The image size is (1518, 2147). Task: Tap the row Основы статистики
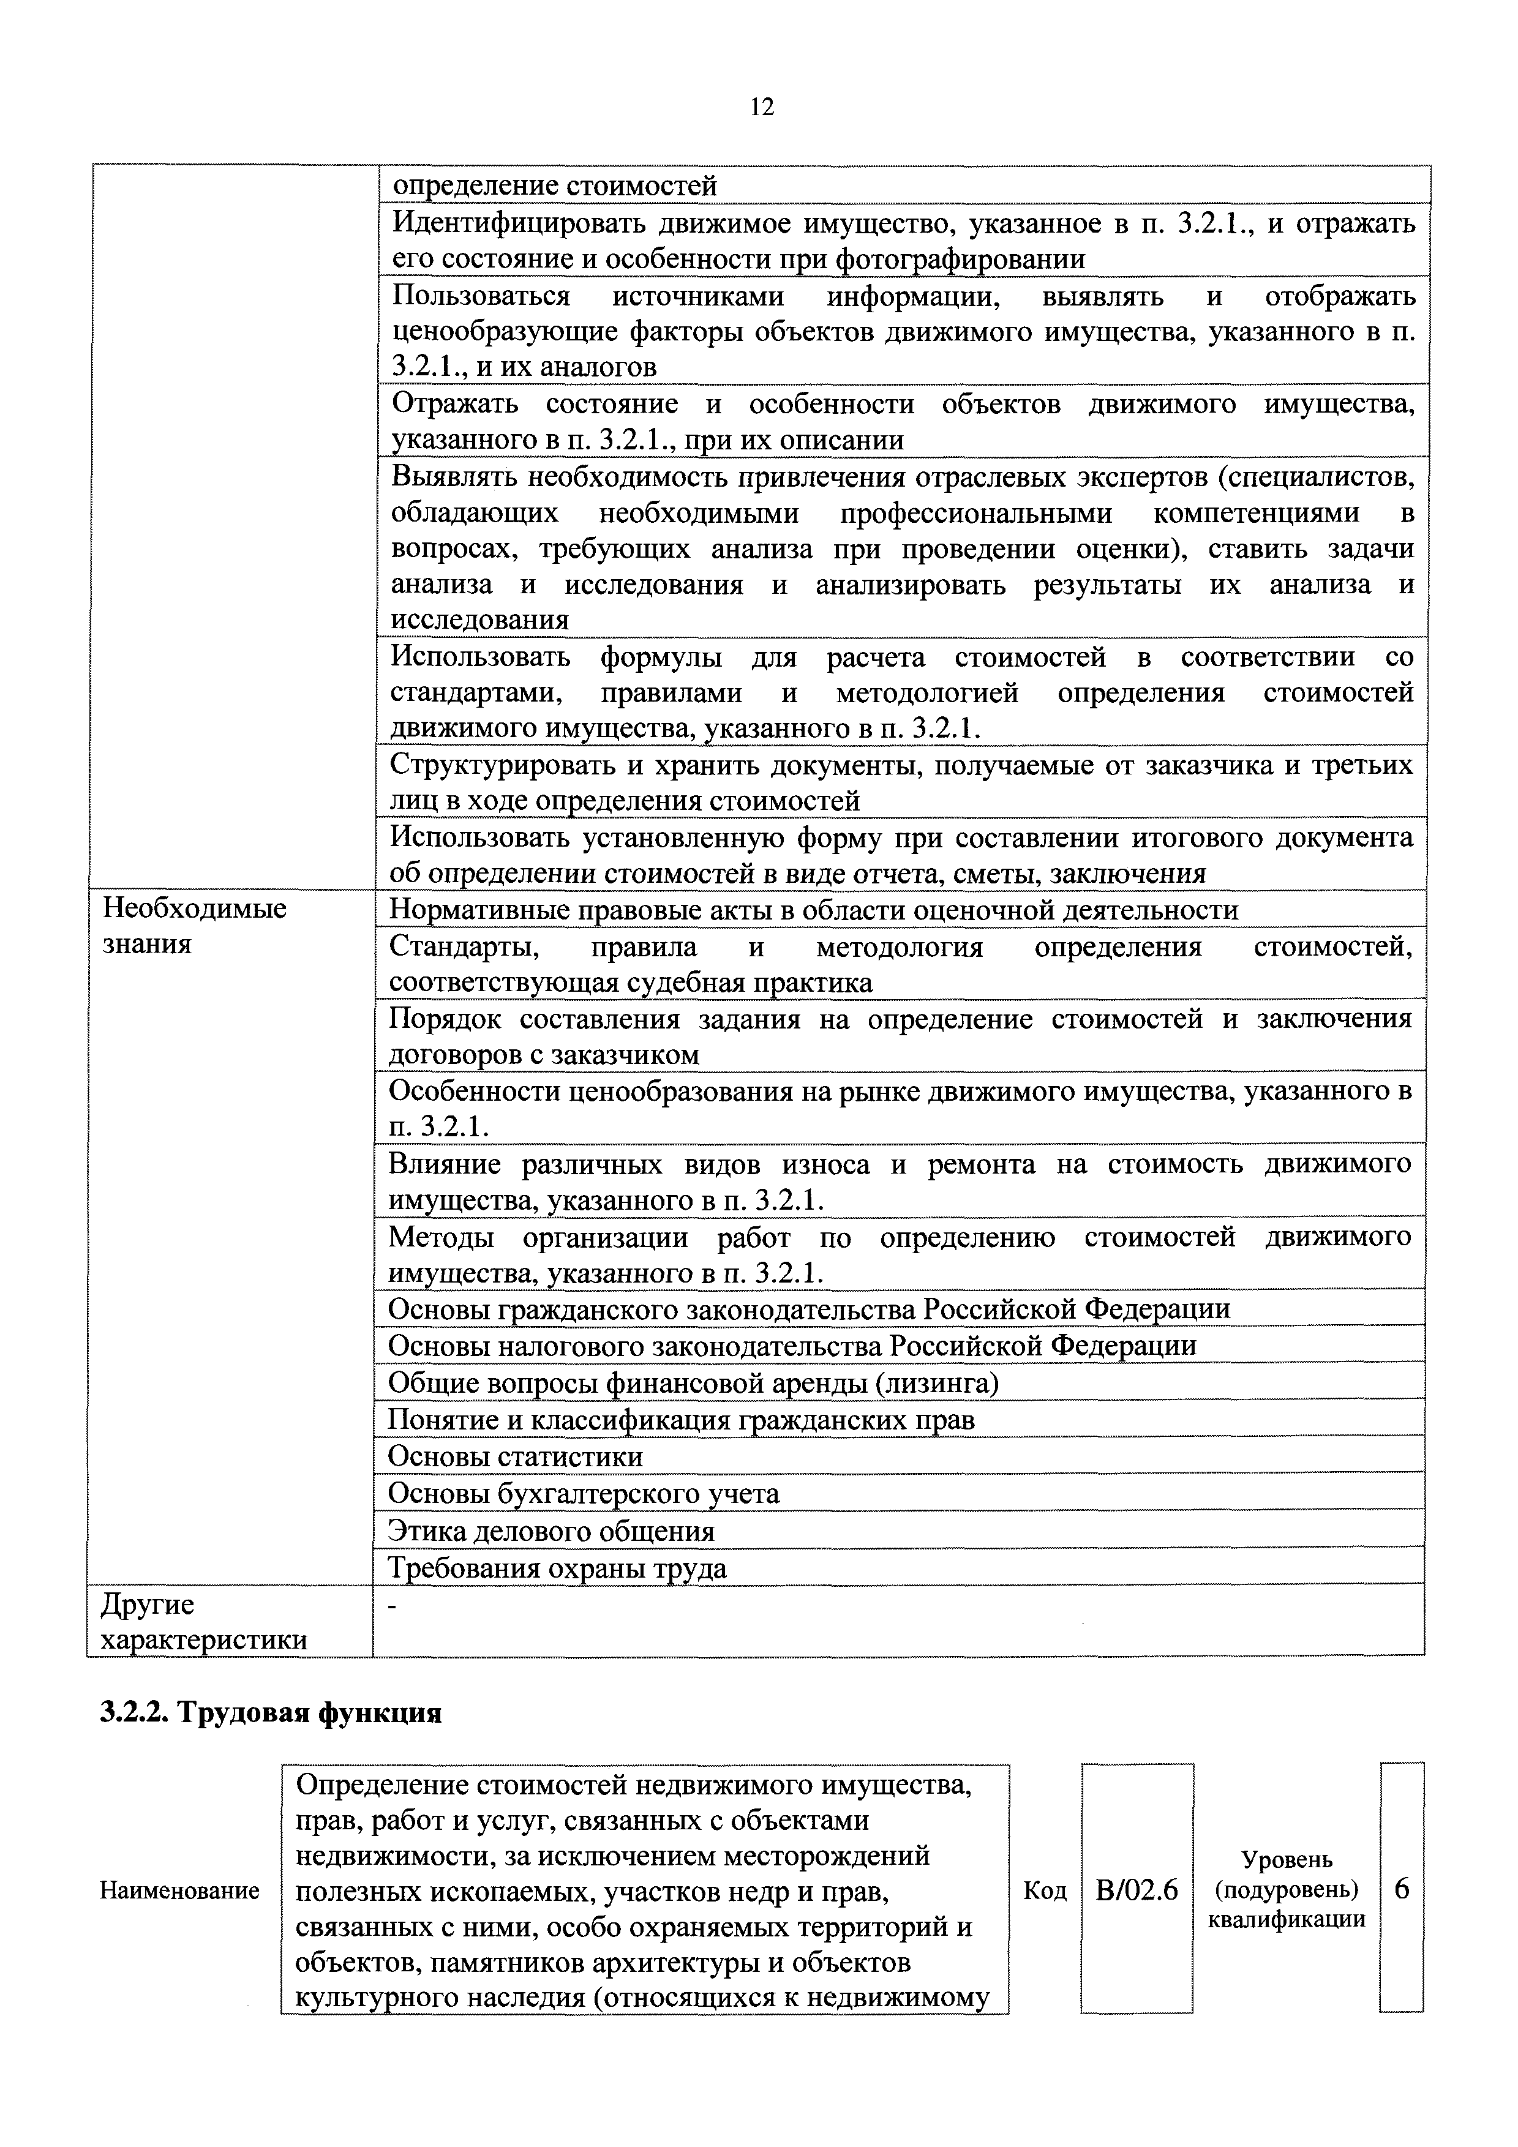coord(516,1457)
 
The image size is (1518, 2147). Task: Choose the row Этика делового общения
coord(551,1531)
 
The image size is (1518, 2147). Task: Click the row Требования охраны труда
coord(557,1567)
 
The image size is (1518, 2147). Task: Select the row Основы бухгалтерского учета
coord(584,1493)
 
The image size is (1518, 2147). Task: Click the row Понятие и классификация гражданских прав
coord(681,1420)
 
